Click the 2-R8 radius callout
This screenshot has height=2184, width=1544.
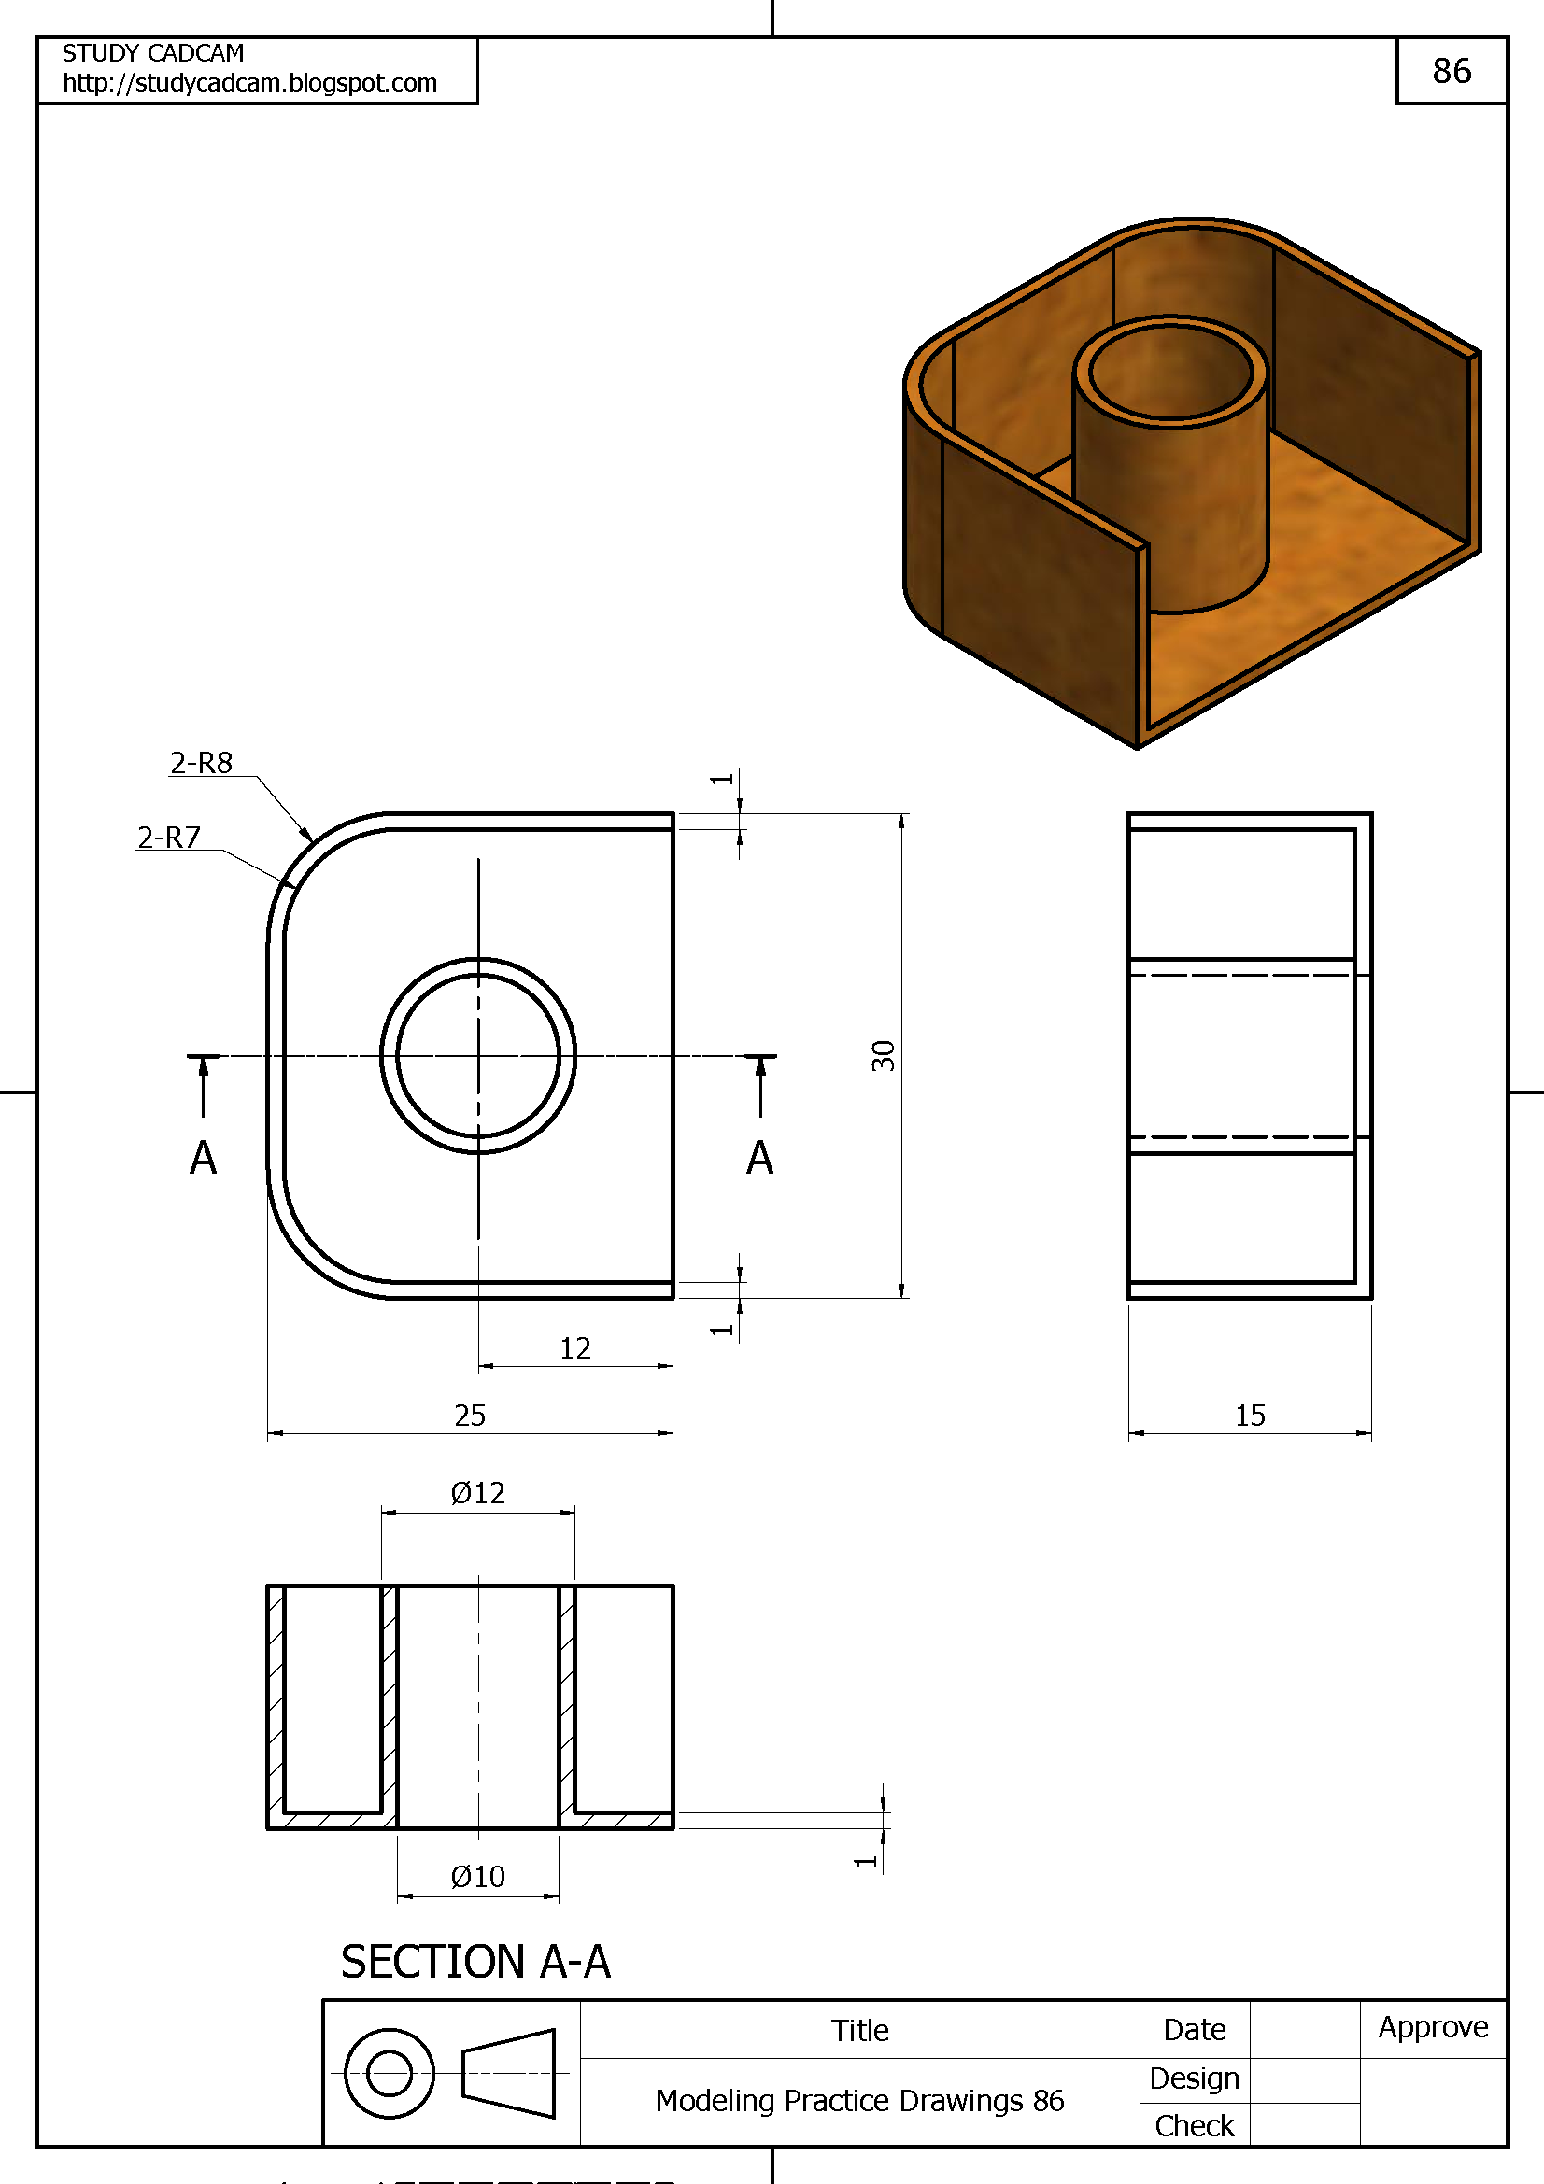201,763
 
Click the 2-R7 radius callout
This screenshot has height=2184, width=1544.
168,837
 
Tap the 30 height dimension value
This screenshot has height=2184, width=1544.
883,1056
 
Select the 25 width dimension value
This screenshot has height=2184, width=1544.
470,1416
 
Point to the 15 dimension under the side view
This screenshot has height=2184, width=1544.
1250,1416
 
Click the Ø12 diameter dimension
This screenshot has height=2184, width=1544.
477,1492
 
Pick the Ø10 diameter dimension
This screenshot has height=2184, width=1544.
477,1876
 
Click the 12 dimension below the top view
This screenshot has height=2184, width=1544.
574,1348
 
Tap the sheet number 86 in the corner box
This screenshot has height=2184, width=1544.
1452,70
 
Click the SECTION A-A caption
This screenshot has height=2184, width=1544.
475,1962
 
